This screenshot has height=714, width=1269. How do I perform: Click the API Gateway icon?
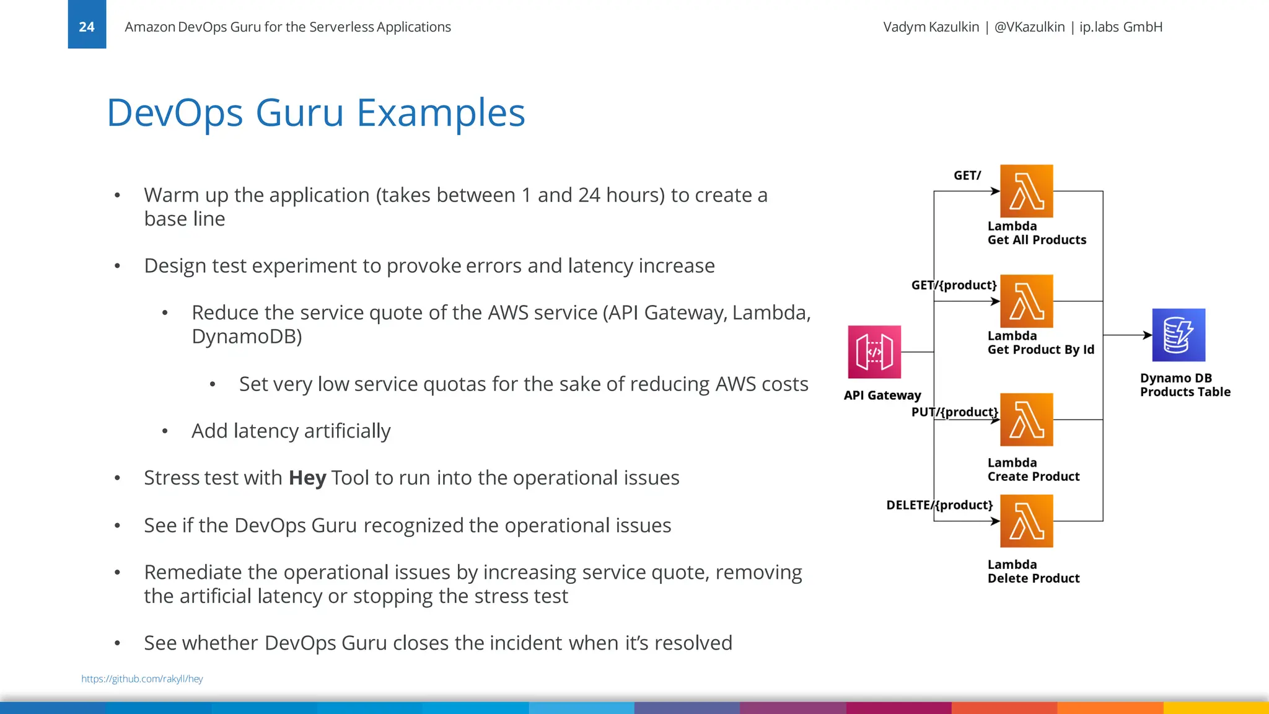(874, 352)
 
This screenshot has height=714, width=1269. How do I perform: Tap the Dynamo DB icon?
(1178, 335)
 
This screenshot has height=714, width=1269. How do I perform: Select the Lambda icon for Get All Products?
(1026, 191)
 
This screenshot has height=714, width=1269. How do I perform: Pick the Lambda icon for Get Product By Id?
(1026, 301)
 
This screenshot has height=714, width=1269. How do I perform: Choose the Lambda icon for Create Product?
(1026, 420)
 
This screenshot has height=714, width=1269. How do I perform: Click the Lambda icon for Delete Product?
(1026, 521)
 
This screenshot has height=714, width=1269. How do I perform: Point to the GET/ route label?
(967, 175)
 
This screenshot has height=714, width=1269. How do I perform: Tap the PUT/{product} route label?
(954, 412)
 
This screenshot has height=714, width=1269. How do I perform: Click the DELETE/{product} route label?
(939, 505)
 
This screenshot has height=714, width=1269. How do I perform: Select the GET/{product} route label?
(954, 285)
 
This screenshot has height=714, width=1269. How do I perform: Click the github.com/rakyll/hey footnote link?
(142, 679)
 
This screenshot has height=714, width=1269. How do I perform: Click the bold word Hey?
(307, 478)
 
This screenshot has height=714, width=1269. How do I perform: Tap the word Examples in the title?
(441, 113)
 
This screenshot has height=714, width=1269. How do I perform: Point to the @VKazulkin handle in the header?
(1029, 27)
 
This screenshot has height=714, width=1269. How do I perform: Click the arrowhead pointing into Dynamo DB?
(1148, 335)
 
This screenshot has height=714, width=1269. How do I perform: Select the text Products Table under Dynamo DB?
(1185, 392)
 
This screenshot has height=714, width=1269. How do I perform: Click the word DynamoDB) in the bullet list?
(247, 337)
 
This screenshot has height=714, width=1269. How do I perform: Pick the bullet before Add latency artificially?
(165, 431)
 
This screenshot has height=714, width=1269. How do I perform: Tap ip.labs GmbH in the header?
(1120, 27)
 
